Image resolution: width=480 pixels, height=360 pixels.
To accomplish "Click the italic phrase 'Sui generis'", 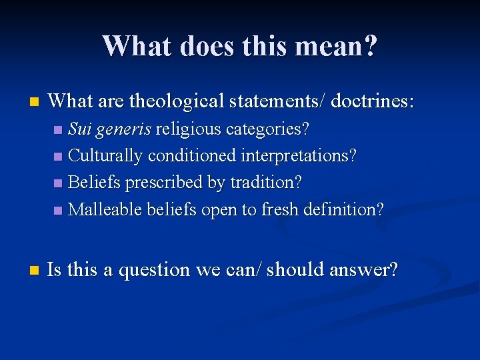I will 110,129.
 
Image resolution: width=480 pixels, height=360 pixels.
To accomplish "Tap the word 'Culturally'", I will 105,156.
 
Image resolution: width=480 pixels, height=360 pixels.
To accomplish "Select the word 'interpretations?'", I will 298,156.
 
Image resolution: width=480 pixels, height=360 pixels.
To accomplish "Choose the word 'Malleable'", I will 105,209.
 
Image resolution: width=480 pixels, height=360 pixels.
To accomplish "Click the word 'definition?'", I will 343,209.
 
